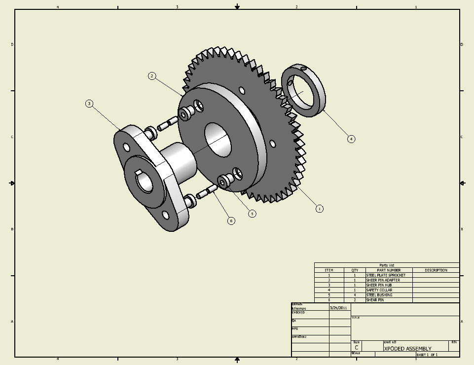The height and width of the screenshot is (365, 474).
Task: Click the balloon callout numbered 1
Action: click(319, 209)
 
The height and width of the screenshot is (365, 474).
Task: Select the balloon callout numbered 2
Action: click(152, 76)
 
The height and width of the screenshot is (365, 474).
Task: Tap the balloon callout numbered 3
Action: click(89, 104)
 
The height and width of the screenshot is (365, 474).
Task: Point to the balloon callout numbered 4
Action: click(351, 139)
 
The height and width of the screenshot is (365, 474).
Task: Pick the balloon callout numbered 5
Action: click(252, 214)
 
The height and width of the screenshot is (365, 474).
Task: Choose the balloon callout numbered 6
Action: click(231, 220)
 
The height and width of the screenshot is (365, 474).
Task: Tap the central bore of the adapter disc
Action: click(218, 140)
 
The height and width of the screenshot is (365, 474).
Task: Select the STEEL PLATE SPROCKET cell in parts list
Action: click(386, 275)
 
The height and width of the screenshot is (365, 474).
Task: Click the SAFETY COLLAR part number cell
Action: click(379, 290)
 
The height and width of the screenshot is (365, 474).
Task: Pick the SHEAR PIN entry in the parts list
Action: click(375, 300)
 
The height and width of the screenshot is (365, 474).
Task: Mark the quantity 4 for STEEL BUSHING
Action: click(355, 295)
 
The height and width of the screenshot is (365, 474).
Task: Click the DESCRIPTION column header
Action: click(436, 270)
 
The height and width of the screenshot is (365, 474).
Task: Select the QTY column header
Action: click(355, 270)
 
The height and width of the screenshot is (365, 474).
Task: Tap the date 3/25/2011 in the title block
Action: click(338, 308)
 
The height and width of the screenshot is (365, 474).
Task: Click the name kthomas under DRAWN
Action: click(299, 309)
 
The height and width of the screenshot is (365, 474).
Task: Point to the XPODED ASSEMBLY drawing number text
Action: click(407, 349)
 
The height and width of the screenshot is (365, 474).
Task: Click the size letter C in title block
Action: click(356, 348)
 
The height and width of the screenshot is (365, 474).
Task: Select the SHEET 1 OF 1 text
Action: click(427, 355)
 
